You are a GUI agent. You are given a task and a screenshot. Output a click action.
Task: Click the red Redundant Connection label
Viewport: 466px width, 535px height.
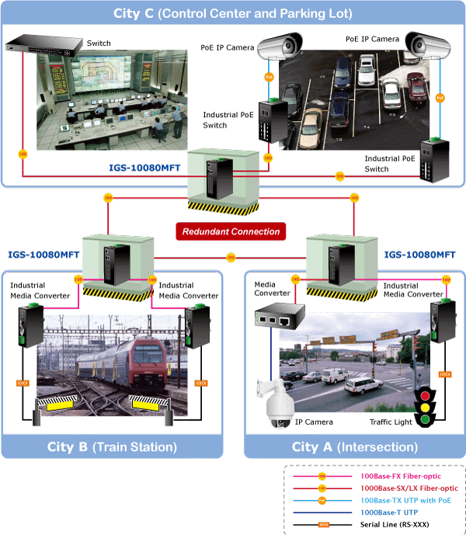pos(230,231)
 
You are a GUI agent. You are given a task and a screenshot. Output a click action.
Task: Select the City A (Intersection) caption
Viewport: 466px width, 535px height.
pos(354,446)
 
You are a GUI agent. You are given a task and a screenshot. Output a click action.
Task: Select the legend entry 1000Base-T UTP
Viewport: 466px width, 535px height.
pos(391,511)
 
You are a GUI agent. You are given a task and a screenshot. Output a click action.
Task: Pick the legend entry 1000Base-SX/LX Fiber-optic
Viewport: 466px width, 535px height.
pos(409,486)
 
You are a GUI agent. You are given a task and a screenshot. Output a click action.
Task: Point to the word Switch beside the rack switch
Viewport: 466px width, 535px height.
pos(99,43)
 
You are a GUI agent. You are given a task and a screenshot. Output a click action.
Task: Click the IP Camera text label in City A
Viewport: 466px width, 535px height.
pos(314,422)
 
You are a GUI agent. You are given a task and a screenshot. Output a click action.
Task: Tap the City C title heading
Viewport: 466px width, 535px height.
pos(232,13)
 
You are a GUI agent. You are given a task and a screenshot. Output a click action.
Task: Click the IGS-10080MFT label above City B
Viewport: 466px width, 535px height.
pos(43,254)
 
